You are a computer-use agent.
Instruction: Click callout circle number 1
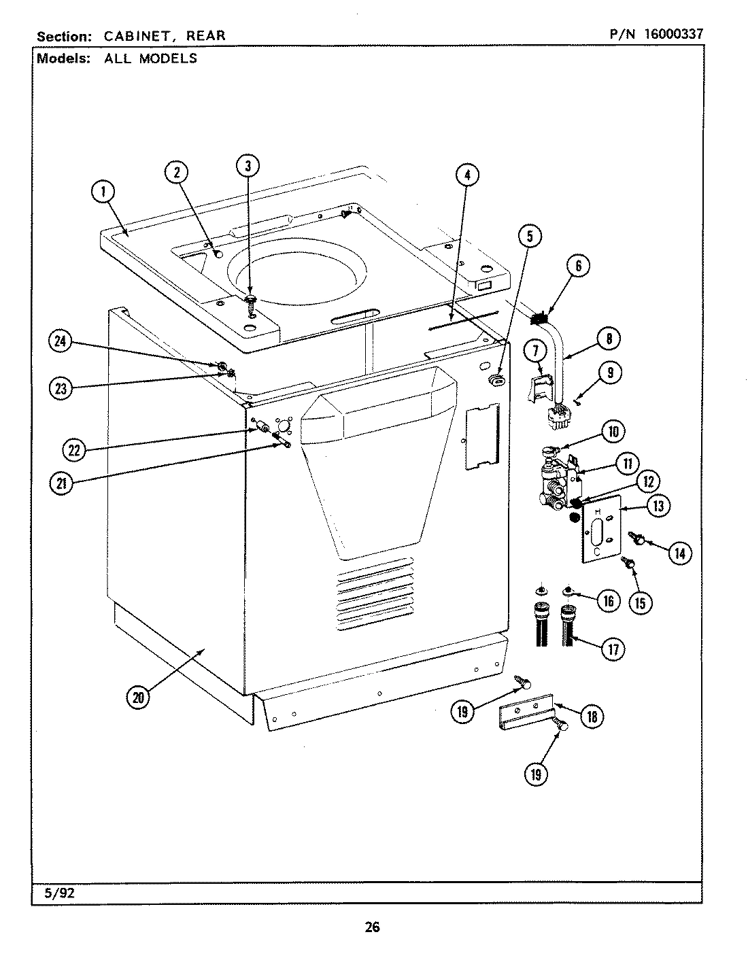coord(103,192)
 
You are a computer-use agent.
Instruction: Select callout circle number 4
coord(466,175)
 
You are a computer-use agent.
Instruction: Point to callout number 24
coord(62,342)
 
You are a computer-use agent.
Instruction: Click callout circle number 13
coord(658,506)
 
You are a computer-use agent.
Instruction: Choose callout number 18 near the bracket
coord(591,716)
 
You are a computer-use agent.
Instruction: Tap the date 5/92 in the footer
coord(59,894)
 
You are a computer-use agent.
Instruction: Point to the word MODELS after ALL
coord(168,58)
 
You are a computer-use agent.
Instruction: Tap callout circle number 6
coord(578,267)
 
